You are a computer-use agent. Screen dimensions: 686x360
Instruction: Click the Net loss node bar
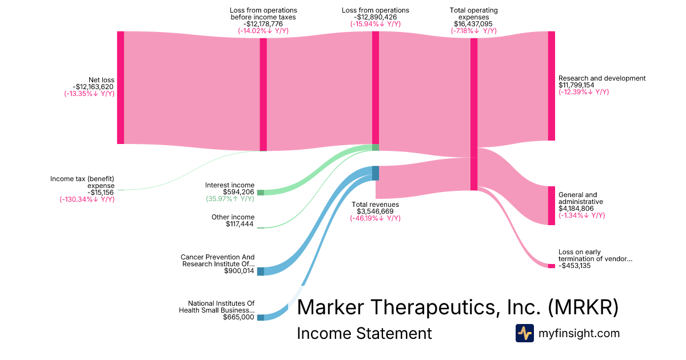coord(121,87)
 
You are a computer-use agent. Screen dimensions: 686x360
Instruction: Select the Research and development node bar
coord(551,86)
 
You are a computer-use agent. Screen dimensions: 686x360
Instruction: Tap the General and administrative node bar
coord(551,206)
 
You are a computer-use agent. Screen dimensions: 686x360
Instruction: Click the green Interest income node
coord(261,193)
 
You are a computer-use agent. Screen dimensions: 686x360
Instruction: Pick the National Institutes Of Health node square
coord(261,317)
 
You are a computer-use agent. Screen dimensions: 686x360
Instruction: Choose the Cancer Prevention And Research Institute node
coord(261,271)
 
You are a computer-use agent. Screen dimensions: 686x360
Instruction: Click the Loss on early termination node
coord(551,266)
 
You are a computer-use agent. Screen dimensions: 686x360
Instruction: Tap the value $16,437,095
coord(474,24)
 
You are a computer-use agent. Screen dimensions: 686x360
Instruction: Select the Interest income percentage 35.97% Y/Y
coord(230,199)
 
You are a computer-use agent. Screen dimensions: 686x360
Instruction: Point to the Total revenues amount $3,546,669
coord(375,211)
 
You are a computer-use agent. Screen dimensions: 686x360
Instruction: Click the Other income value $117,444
coord(240,224)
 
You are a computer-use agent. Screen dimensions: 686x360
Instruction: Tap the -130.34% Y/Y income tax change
coord(87,199)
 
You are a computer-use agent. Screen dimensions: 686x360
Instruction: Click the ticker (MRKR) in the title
coord(583,307)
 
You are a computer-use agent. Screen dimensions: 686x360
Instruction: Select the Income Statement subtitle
coord(364,333)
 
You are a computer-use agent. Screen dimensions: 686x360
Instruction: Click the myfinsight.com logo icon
coord(524,333)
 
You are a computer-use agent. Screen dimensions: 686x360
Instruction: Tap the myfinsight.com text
coord(579,333)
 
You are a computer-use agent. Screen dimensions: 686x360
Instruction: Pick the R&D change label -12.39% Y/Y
coord(584,92)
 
